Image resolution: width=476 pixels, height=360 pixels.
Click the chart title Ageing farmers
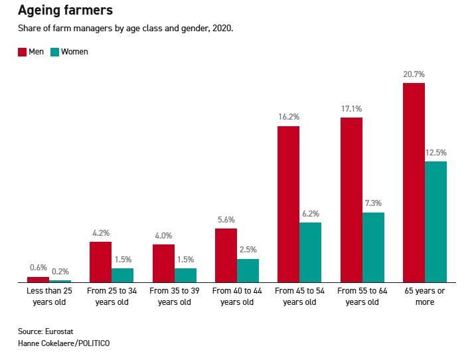pyautogui.click(x=65, y=11)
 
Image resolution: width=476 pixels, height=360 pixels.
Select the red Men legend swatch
pyautogui.click(x=22, y=52)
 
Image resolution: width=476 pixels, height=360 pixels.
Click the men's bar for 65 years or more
pyautogui.click(x=414, y=183)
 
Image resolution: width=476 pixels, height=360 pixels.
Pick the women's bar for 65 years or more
pyautogui.click(x=436, y=222)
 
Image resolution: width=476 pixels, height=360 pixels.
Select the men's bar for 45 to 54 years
pyautogui.click(x=288, y=204)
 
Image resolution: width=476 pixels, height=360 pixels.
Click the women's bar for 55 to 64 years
pyautogui.click(x=373, y=247)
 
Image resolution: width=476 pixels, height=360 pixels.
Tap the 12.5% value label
pyautogui.click(x=436, y=152)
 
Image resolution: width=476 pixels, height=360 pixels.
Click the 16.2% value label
pyautogui.click(x=288, y=117)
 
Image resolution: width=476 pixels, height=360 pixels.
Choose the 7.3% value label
pyautogui.click(x=373, y=203)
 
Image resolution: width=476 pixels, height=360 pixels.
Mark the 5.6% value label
pyautogui.click(x=226, y=220)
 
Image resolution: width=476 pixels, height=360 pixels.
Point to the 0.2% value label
pyautogui.click(x=60, y=271)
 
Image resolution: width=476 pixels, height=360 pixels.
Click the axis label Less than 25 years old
pyautogui.click(x=49, y=296)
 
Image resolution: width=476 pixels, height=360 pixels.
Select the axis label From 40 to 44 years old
pyautogui.click(x=236, y=296)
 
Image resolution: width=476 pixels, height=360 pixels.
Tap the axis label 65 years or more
pyautogui.click(x=424, y=296)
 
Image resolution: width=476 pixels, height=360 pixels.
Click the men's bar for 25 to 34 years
pyautogui.click(x=100, y=262)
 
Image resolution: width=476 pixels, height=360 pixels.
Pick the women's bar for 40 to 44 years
pyautogui.click(x=248, y=270)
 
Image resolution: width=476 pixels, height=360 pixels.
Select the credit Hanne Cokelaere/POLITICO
pyautogui.click(x=64, y=343)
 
